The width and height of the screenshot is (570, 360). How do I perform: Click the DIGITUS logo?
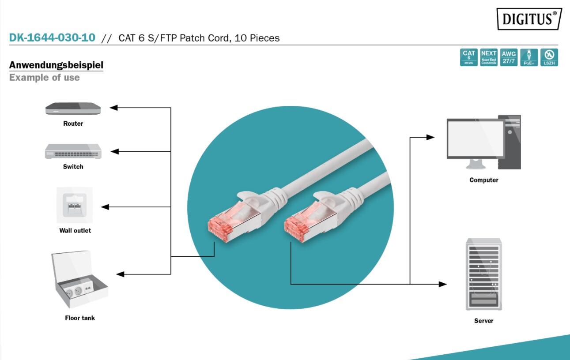pos(529,19)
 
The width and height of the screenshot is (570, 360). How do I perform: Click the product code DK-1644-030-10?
pos(52,38)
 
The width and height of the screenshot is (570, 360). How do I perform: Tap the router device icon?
pos(73,108)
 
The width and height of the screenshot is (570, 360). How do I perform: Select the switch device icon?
pos(73,151)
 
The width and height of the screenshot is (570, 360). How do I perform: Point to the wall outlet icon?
pos(74,205)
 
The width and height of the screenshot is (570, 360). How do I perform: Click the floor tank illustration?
pos(79,280)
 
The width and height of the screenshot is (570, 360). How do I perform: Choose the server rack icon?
pos(484,274)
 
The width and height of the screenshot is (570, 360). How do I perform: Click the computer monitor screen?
pos(475,139)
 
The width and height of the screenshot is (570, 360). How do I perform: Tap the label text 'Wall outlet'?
pos(75,230)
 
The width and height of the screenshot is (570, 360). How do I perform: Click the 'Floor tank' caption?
pos(79,318)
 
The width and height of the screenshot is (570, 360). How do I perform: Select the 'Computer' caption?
pos(484,180)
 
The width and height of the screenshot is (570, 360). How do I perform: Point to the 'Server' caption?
pos(484,321)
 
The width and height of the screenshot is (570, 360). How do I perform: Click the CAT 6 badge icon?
pos(469,57)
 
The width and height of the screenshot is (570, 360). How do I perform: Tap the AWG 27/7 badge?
pos(509,57)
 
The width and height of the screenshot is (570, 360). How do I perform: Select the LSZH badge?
pos(549,57)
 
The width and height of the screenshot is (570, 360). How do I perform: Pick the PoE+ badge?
pos(529,57)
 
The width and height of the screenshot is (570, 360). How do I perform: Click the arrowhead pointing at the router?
pos(113,108)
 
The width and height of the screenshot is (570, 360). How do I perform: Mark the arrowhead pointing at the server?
pos(443,284)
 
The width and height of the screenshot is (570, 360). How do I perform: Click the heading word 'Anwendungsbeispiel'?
pos(56,66)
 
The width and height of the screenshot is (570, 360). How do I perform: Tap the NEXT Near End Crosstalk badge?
pos(489,57)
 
